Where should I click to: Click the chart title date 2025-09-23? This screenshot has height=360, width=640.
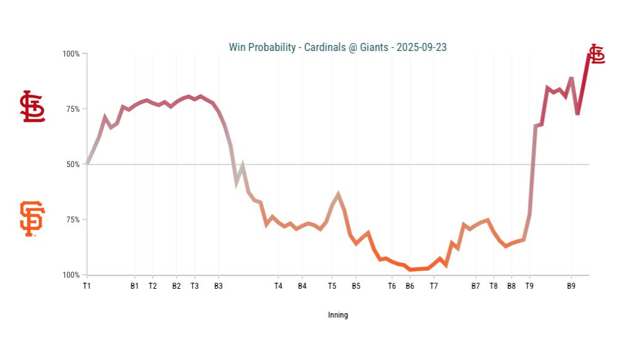click(x=421, y=47)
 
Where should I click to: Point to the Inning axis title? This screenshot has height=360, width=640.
click(x=338, y=315)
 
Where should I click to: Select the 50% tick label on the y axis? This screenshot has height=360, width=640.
click(x=72, y=165)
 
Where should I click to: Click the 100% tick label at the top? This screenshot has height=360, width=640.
click(x=71, y=54)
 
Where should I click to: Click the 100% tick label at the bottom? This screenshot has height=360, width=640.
click(x=71, y=275)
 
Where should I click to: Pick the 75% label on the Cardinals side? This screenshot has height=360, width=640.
click(x=72, y=109)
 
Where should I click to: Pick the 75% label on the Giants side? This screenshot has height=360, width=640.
click(x=72, y=220)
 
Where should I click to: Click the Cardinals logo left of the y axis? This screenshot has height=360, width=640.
click(x=33, y=106)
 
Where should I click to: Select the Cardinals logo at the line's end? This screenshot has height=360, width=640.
click(x=596, y=54)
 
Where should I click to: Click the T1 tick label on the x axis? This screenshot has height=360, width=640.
click(x=87, y=286)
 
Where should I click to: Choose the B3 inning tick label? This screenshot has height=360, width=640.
click(x=218, y=286)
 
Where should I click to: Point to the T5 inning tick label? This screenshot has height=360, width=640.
click(x=332, y=286)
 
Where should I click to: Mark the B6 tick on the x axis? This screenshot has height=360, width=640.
click(x=409, y=286)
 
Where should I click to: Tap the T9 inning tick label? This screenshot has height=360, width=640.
click(x=529, y=286)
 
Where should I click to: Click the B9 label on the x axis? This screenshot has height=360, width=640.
click(x=571, y=286)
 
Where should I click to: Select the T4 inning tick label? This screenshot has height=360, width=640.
click(x=278, y=286)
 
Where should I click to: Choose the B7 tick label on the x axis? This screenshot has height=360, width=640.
click(x=475, y=286)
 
